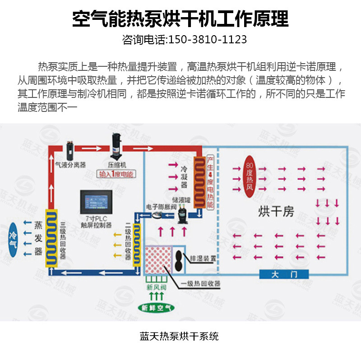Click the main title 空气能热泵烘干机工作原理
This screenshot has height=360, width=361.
click(x=180, y=18)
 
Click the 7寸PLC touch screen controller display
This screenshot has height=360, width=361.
click(x=96, y=201)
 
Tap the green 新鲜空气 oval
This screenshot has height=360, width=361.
click(x=155, y=308)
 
